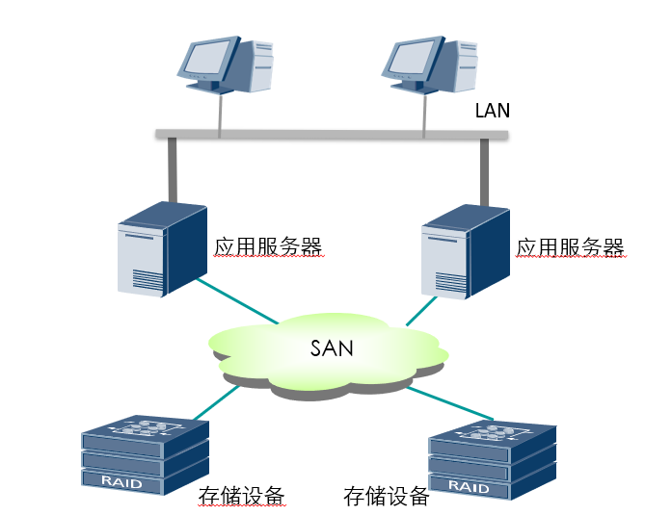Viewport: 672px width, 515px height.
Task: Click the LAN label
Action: click(493, 111)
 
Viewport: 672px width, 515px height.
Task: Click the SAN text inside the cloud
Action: click(331, 348)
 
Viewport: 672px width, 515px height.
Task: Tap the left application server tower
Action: click(162, 249)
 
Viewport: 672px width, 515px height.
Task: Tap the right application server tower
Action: click(465, 250)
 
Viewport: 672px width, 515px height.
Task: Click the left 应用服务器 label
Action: click(267, 247)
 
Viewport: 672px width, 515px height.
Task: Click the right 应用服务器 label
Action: click(571, 247)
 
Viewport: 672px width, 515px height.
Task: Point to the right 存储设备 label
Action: click(386, 497)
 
